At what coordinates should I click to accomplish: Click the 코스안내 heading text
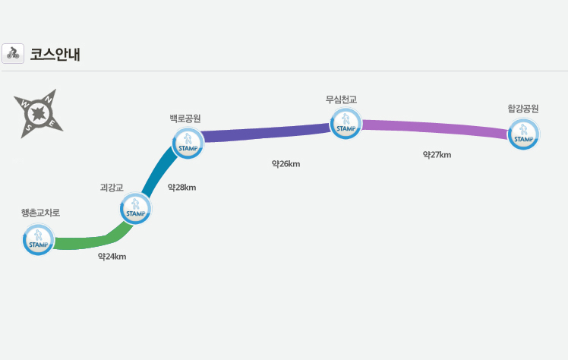click(x=55, y=54)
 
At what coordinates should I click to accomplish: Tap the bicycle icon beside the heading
click(x=13, y=53)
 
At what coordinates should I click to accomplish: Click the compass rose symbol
click(x=38, y=114)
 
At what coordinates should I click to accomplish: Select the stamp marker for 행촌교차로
click(x=39, y=239)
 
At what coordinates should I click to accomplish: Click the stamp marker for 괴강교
click(x=136, y=207)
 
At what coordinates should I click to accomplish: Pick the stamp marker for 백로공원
click(x=188, y=143)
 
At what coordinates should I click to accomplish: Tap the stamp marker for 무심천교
click(x=346, y=123)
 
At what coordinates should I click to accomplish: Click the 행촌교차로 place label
click(x=40, y=213)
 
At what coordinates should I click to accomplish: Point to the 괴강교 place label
click(x=112, y=187)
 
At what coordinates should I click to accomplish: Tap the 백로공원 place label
click(x=185, y=118)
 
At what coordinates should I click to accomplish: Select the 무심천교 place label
click(x=341, y=99)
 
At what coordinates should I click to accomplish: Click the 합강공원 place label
click(x=523, y=109)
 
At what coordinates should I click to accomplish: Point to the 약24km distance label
click(x=112, y=257)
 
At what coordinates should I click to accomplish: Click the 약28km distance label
click(x=181, y=188)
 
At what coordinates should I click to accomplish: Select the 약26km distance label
click(x=286, y=163)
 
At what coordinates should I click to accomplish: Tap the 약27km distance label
click(x=437, y=155)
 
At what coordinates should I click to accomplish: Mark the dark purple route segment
click(x=266, y=132)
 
